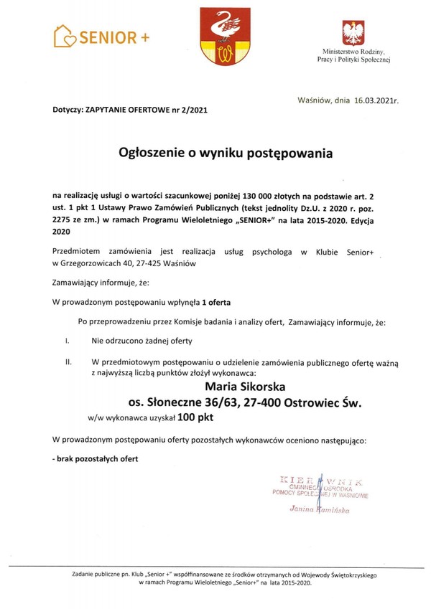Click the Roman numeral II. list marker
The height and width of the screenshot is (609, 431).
[x=68, y=362]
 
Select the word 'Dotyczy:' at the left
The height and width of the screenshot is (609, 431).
[x=68, y=111]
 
